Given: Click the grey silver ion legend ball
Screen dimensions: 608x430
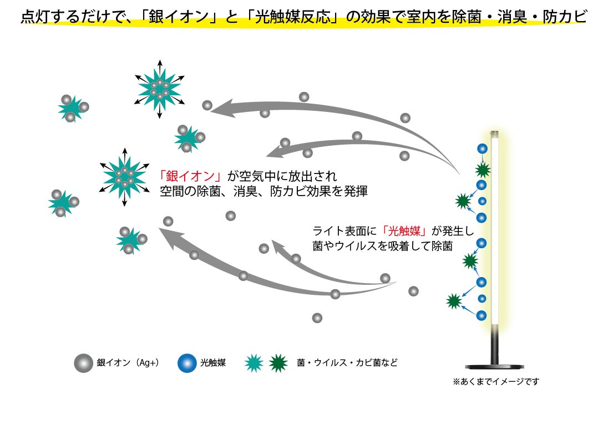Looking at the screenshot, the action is point(83,363).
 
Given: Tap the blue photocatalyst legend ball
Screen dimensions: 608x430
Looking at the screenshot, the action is point(187,363).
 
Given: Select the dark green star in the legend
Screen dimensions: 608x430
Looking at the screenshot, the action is point(278,363).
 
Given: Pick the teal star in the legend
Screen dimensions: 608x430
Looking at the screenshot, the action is point(254,363).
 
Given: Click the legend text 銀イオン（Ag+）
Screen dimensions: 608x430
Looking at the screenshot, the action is point(128,362).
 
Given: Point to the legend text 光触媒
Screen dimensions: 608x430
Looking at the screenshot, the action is point(213,362).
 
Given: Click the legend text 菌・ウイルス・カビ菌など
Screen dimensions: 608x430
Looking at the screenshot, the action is point(347,362).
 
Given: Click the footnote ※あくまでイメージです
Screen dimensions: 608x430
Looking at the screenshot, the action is point(496,382).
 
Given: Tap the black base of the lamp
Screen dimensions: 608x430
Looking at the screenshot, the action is point(494,366).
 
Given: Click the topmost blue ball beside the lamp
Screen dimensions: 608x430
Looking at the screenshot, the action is point(482,149).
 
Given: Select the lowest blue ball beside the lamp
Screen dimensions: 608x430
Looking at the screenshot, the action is point(481,315).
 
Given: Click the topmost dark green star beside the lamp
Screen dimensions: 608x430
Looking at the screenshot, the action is point(483,170).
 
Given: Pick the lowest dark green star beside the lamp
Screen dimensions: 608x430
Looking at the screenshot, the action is point(454,301).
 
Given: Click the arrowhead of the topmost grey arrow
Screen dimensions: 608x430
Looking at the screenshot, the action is point(223,108).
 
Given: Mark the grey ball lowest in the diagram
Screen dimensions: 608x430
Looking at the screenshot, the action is point(317,318).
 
